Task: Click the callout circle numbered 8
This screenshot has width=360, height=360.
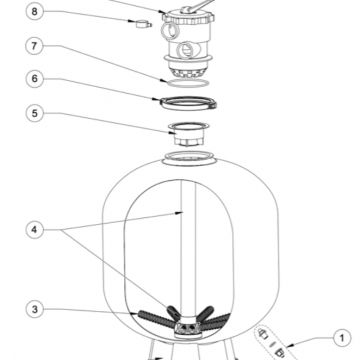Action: point(35,12)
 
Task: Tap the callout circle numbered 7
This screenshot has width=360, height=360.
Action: point(35,46)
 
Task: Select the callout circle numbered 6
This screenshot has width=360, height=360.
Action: point(35,79)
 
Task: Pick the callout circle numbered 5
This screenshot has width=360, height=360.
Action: point(35,113)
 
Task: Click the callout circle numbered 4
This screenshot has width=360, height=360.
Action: point(35,230)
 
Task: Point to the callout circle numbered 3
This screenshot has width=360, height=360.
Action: point(35,309)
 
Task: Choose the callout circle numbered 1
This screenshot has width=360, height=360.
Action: point(342,339)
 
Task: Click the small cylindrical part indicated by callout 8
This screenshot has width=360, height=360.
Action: point(143,24)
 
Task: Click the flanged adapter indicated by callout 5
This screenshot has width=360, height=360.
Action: point(189,134)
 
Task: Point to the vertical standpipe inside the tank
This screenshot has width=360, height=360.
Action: point(188,247)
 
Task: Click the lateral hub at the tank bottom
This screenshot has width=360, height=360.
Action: point(188,328)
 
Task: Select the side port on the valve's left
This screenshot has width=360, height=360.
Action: point(169,31)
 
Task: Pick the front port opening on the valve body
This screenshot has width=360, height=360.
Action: point(185,51)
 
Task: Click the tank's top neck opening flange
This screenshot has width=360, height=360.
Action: point(189,158)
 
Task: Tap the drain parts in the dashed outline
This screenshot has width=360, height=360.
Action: point(272,343)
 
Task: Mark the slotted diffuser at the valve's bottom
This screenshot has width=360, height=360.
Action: point(188,72)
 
